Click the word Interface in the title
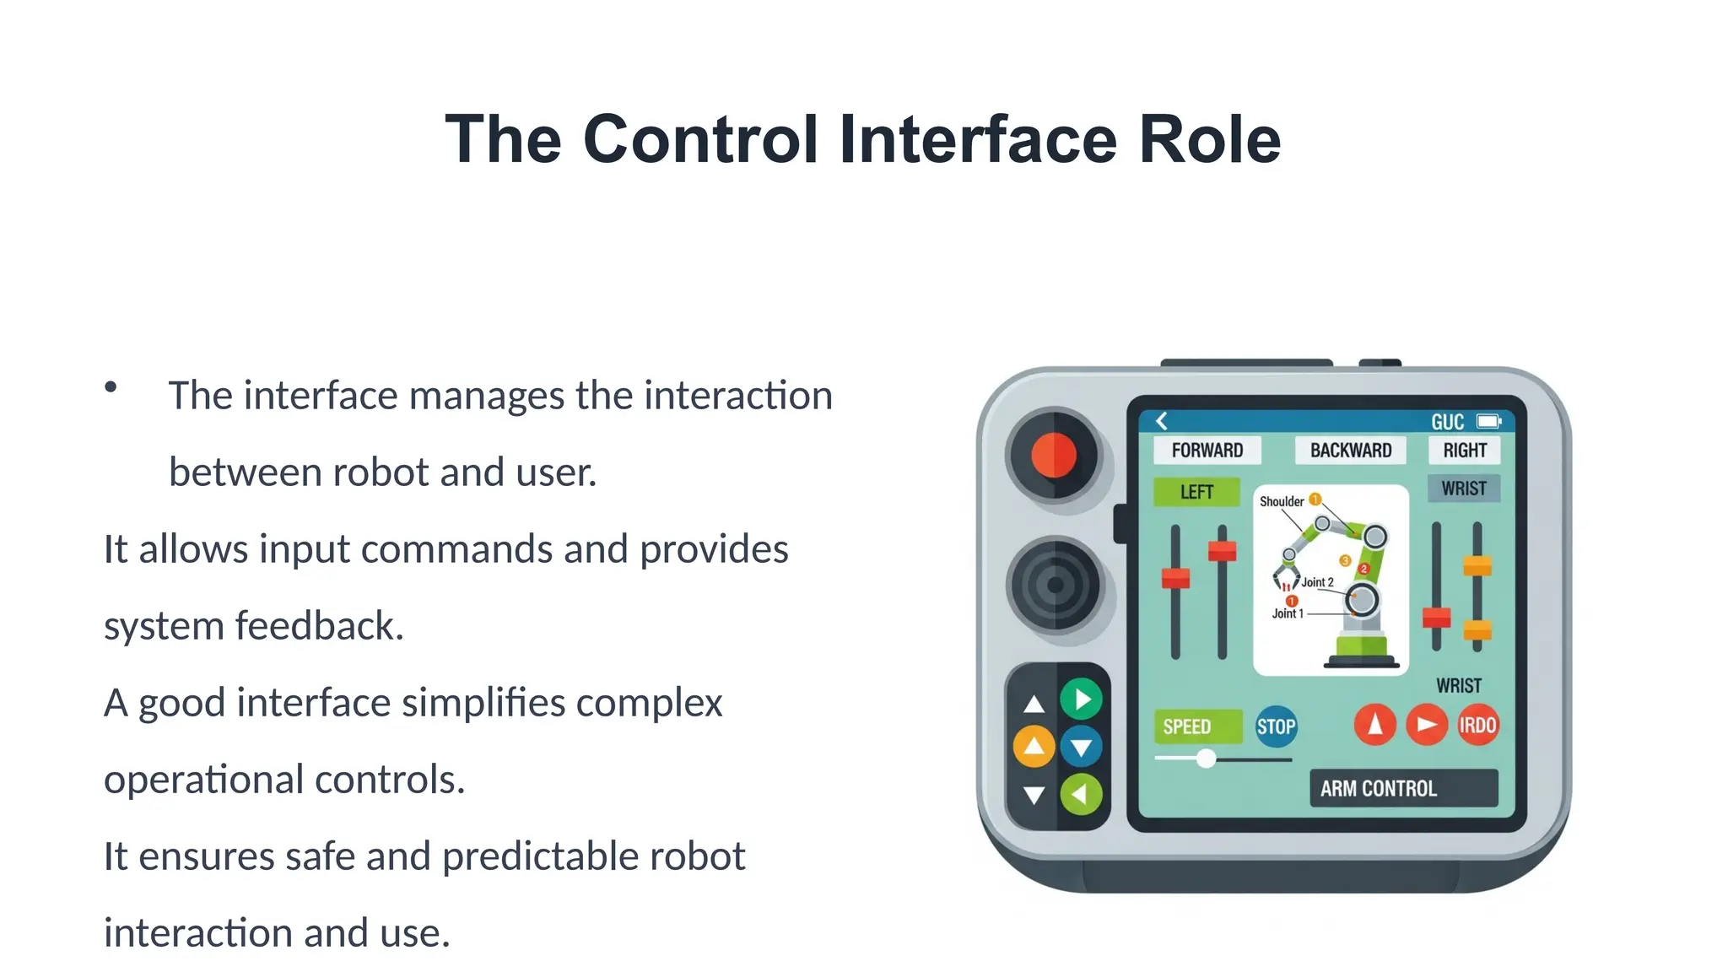(978, 139)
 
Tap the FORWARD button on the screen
(1207, 451)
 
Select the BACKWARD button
(1350, 451)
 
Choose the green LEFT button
(1196, 492)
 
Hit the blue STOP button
(1276, 726)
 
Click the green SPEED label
(1196, 726)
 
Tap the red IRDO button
(1477, 726)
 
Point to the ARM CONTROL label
(1403, 788)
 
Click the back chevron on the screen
(1162, 421)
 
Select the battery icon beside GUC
(1488, 421)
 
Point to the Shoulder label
(1281, 501)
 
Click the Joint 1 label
(1288, 613)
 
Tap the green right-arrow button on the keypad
(1082, 699)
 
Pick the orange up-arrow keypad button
(1034, 746)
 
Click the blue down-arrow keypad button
(1082, 747)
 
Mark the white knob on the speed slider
(1207, 759)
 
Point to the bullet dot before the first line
(111, 387)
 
